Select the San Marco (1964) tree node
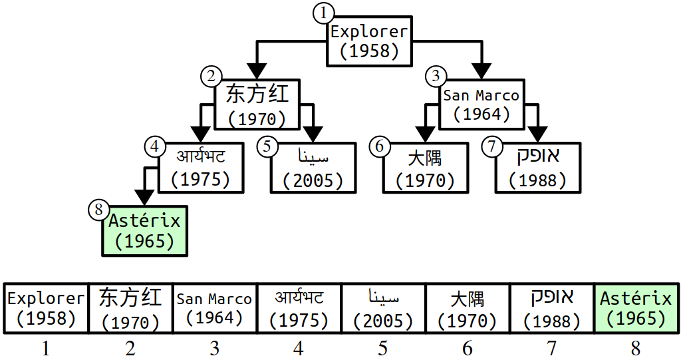tap(482, 104)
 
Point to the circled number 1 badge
tap(322, 13)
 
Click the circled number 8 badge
tap(97, 209)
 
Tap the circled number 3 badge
tap(434, 76)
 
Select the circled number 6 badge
tap(378, 146)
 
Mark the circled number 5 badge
tap(266, 146)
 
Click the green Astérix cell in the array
tap(637, 308)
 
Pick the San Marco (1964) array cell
tap(214, 308)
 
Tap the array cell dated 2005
tap(383, 308)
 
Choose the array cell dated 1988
tap(552, 308)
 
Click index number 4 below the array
tap(299, 348)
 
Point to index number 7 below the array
tap(552, 348)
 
